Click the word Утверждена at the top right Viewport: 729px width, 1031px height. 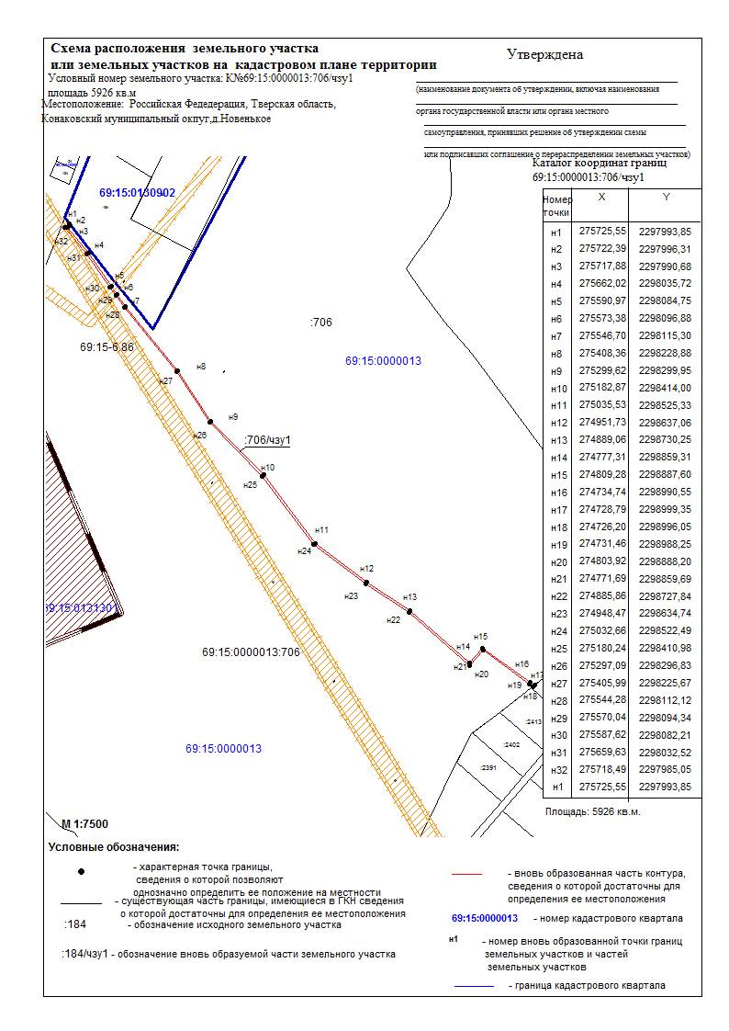pyautogui.click(x=545, y=54)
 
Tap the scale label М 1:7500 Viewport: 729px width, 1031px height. pyautogui.click(x=84, y=822)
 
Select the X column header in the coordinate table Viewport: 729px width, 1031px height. pyautogui.click(x=601, y=198)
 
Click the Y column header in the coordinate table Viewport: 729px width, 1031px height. pyautogui.click(x=667, y=198)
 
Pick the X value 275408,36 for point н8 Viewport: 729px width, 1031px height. pyautogui.click(x=603, y=353)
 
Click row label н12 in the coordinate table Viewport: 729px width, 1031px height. pyautogui.click(x=555, y=423)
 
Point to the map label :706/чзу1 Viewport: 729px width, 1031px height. pyautogui.click(x=268, y=440)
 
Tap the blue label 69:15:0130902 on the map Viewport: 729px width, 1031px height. pyautogui.click(x=137, y=193)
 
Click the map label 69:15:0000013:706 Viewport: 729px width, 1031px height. pyautogui.click(x=251, y=652)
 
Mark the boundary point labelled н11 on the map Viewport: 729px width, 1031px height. pyautogui.click(x=315, y=543)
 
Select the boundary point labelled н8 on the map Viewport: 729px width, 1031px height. pyautogui.click(x=177, y=370)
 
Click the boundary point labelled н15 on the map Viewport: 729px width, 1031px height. pyautogui.click(x=484, y=650)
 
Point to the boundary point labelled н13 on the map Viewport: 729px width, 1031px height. pyautogui.click(x=409, y=611)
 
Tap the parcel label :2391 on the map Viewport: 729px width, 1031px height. pyautogui.click(x=488, y=766)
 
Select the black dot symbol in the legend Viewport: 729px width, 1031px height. pyautogui.click(x=82, y=870)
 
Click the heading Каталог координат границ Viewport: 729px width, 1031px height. pyautogui.click(x=600, y=163)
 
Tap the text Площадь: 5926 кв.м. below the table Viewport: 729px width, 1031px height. pyautogui.click(x=593, y=812)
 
